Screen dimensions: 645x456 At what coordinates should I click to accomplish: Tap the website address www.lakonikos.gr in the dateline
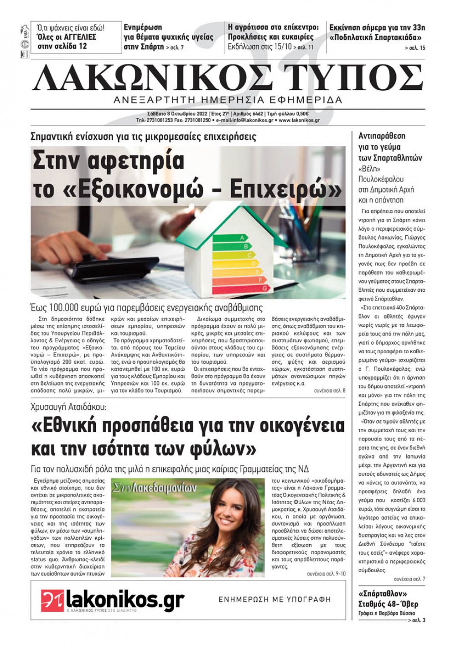[x=299, y=120]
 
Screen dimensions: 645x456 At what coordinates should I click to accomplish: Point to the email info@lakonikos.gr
[x=246, y=120]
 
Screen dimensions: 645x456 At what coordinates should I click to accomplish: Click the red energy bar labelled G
[x=242, y=289]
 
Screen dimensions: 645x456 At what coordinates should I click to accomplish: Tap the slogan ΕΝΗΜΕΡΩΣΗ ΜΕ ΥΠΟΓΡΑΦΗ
[x=275, y=599]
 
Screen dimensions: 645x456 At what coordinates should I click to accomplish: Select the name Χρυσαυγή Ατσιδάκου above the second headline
[x=68, y=406]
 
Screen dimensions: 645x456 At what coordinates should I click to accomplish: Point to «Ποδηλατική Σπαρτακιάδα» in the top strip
[x=377, y=37]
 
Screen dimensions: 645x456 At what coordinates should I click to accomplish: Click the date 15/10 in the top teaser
[x=282, y=46]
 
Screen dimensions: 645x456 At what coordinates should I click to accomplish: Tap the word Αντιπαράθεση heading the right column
[x=382, y=136]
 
